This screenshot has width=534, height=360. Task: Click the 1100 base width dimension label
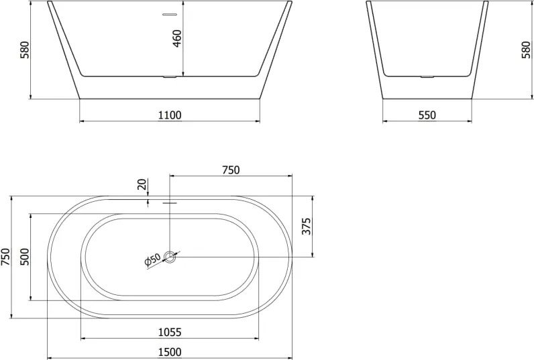pos(170,115)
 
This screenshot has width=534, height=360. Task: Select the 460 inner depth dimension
pos(177,38)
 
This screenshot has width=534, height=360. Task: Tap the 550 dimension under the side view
pos(427,115)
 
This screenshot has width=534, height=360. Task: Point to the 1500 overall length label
pos(170,352)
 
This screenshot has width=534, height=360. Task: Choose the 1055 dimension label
pos(170,332)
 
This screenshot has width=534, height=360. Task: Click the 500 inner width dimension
pos(25,257)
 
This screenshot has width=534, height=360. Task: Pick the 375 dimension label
pos(307,227)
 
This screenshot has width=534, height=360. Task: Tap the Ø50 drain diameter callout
pos(152,260)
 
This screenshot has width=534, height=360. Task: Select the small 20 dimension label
pos(142,184)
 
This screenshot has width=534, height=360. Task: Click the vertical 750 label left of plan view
pos(6,257)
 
